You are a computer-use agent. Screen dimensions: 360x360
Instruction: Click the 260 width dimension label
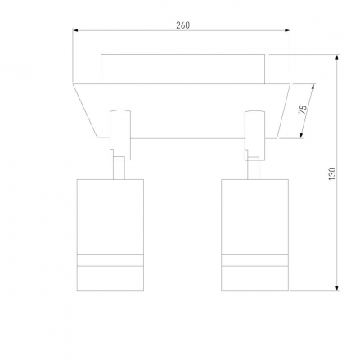[x=182, y=25]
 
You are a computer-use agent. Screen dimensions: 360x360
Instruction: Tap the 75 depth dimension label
[x=303, y=110]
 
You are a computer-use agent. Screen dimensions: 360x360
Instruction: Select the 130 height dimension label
[x=332, y=173]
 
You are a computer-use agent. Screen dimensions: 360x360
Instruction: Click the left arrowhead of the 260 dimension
[x=75, y=30]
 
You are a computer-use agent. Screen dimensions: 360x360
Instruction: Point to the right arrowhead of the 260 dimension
[x=287, y=30]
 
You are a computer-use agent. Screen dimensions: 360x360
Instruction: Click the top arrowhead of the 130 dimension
[x=337, y=57]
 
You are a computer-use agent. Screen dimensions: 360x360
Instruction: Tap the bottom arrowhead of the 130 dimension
[x=337, y=288]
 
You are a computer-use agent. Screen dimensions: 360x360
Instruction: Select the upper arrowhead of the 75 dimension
[x=313, y=87]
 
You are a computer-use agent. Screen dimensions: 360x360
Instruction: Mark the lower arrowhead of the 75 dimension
[x=302, y=136]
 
